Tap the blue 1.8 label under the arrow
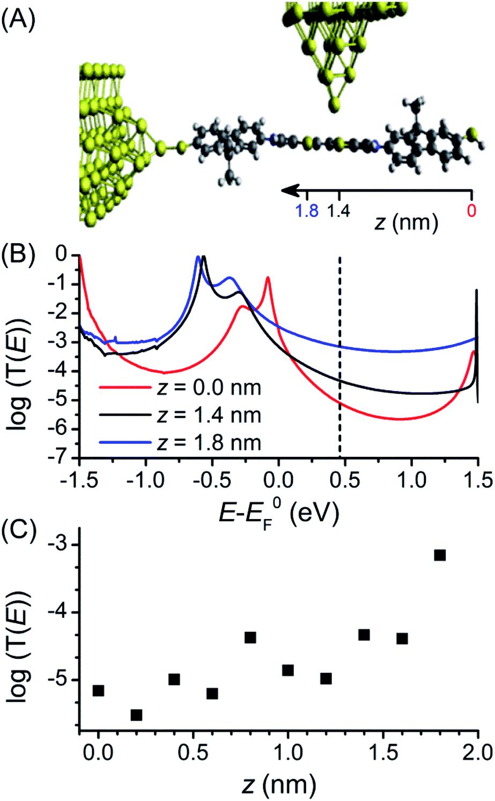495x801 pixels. point(306,211)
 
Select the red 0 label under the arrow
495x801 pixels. point(471,211)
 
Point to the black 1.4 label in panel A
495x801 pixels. point(338,211)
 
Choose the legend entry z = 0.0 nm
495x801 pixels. point(180,387)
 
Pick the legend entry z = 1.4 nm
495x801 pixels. point(180,415)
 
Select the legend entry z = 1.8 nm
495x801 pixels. point(180,443)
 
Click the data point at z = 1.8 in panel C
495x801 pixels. point(440,555)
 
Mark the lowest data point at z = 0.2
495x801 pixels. point(136,715)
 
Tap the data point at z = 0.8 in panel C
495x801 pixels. point(250,637)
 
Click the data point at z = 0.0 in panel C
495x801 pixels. point(98,690)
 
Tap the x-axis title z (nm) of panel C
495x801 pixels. point(278,785)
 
